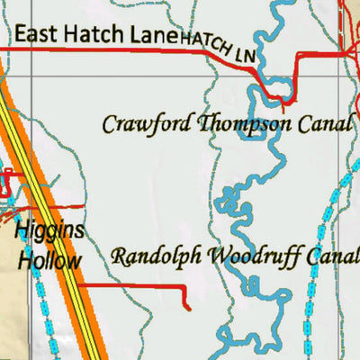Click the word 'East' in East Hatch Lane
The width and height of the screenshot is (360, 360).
(x=40, y=35)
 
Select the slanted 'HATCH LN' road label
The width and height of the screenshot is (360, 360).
(x=218, y=46)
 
